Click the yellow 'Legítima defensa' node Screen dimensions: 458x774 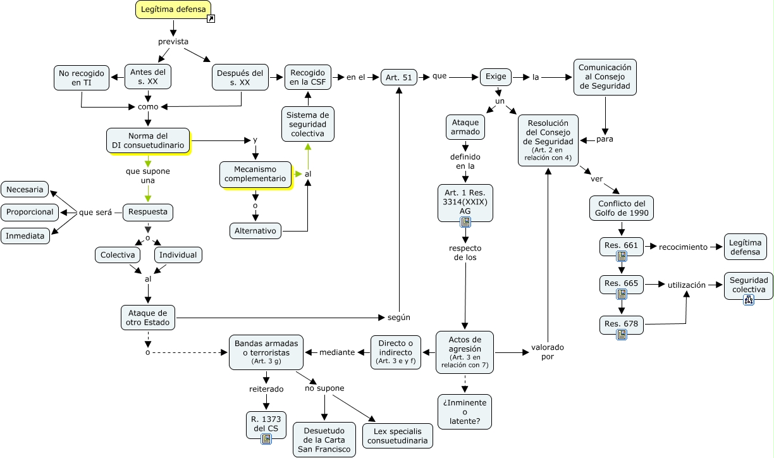tap(172, 9)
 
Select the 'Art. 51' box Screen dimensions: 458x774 tap(398, 78)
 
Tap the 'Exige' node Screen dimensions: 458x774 tap(495, 77)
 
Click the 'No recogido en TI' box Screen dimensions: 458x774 tap(82, 78)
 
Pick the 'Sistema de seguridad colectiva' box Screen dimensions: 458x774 tap(308, 124)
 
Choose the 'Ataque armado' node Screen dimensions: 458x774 tap(465, 127)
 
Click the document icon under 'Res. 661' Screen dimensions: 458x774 tap(622, 256)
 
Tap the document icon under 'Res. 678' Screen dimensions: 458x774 tap(622, 334)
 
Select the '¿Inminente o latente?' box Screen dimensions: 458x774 tap(465, 412)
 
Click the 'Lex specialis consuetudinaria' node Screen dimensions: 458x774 tap(398, 435)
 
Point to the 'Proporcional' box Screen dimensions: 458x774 tap(30, 212)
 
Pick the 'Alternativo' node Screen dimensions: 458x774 tap(255, 231)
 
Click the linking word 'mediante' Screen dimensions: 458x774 tap(337, 352)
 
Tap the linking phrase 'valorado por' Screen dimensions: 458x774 tap(547, 352)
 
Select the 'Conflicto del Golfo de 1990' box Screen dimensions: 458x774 tap(621, 208)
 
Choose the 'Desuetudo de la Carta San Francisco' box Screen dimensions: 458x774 tap(324, 440)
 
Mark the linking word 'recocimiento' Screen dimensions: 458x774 tap(683, 247)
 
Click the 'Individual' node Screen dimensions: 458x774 tap(178, 255)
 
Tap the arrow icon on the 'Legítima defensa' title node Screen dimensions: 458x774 tap(211, 19)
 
